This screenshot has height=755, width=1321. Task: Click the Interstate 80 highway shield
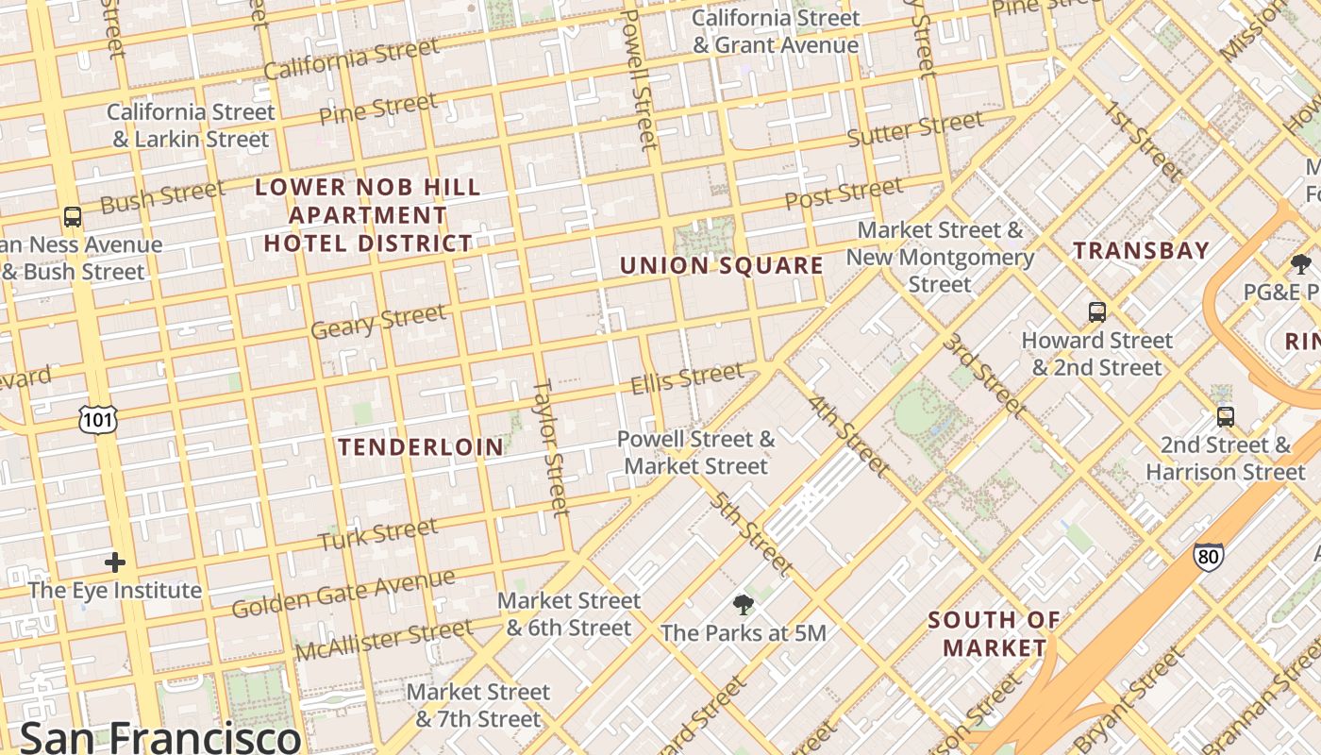pyautogui.click(x=1208, y=557)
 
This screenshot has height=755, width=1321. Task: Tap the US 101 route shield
pyautogui.click(x=97, y=419)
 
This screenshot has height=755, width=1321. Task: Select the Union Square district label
pyautogui.click(x=722, y=265)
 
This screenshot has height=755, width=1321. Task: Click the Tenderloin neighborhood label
pyautogui.click(x=421, y=446)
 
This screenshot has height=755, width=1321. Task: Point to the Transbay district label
pyautogui.click(x=1141, y=250)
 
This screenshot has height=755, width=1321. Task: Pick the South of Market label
pyautogui.click(x=995, y=633)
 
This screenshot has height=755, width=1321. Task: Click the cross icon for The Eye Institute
pyautogui.click(x=115, y=563)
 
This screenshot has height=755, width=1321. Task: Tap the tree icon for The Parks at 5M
pyautogui.click(x=744, y=605)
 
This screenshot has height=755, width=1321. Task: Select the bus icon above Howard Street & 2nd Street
pyautogui.click(x=1096, y=312)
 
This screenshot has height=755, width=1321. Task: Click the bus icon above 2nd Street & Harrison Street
pyautogui.click(x=1225, y=416)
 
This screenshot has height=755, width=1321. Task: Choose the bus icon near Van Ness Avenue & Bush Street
pyautogui.click(x=73, y=217)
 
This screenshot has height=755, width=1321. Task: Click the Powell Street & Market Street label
pyautogui.click(x=696, y=452)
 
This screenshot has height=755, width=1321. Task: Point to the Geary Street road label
pyautogui.click(x=377, y=321)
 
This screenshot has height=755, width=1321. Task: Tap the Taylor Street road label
pyautogui.click(x=551, y=447)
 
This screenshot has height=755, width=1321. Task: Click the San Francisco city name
pyautogui.click(x=160, y=736)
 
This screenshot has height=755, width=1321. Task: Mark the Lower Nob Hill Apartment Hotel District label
pyautogui.click(x=368, y=215)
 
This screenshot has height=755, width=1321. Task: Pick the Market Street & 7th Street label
pyautogui.click(x=478, y=705)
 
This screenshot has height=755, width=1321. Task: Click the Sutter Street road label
pyautogui.click(x=914, y=129)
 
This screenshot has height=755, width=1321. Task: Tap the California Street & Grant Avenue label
pyautogui.click(x=776, y=31)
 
